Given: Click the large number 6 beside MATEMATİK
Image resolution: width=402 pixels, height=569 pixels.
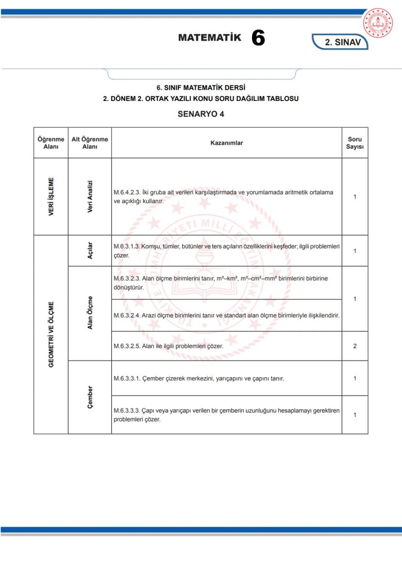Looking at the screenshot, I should (x=258, y=38).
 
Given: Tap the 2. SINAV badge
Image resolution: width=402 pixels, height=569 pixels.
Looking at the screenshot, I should (x=342, y=42).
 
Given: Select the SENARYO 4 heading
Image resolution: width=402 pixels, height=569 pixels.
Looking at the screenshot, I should (x=201, y=114).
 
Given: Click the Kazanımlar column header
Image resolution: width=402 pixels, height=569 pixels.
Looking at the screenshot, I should (x=226, y=143).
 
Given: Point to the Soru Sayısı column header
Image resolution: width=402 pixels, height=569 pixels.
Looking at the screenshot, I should (x=355, y=143).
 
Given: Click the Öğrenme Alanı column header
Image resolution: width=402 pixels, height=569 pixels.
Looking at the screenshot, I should (x=51, y=143).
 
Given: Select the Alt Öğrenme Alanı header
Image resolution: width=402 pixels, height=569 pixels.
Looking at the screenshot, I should (x=90, y=143).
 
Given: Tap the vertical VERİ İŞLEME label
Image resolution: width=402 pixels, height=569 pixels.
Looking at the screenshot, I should (x=51, y=197).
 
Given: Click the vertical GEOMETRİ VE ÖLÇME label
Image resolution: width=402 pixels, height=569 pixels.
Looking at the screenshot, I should (x=51, y=334).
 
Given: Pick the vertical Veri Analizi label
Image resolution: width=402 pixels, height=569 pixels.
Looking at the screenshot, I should (x=90, y=197).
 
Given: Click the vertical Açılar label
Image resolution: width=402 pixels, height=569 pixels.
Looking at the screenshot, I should (x=90, y=251).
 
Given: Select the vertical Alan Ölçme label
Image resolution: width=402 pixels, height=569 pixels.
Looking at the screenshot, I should (x=90, y=312).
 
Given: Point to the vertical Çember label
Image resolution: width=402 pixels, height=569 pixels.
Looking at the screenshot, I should (x=90, y=397).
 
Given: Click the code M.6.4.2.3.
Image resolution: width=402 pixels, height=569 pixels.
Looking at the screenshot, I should (x=126, y=192).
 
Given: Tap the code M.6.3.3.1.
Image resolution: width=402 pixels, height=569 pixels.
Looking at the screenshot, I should (x=126, y=378).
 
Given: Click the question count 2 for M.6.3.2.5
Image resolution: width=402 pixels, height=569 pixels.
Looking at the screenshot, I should (x=355, y=346).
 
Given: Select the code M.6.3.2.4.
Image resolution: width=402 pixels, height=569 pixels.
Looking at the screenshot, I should (x=126, y=315).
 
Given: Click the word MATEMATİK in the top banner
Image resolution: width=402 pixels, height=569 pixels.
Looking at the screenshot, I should (x=209, y=37).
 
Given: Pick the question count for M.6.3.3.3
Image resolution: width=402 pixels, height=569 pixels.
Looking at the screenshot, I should (x=355, y=414).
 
